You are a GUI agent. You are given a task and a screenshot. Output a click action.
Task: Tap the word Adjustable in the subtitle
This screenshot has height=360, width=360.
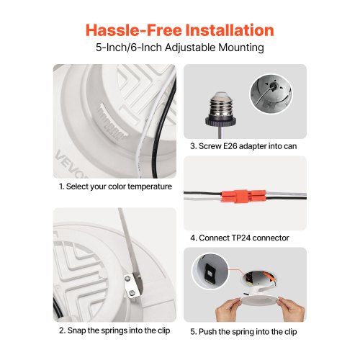pyautogui.click(x=190, y=48)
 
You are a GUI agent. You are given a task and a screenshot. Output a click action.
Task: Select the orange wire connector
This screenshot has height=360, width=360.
pyautogui.click(x=243, y=196)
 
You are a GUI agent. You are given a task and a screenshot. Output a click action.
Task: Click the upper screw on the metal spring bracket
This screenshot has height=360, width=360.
pyautogui.click(x=127, y=278)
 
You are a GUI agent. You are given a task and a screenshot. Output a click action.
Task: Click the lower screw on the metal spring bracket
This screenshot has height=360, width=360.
pyautogui.click(x=132, y=292)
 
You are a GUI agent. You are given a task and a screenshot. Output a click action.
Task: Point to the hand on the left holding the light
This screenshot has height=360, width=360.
pyautogui.click(x=228, y=310)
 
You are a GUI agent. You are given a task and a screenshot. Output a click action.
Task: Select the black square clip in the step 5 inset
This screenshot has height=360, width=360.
pyautogui.click(x=210, y=273)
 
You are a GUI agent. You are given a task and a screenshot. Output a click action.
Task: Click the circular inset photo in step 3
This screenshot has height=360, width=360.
pyautogui.click(x=271, y=94)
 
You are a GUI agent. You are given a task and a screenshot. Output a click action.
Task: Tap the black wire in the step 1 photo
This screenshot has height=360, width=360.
pyautogui.click(x=161, y=135)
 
